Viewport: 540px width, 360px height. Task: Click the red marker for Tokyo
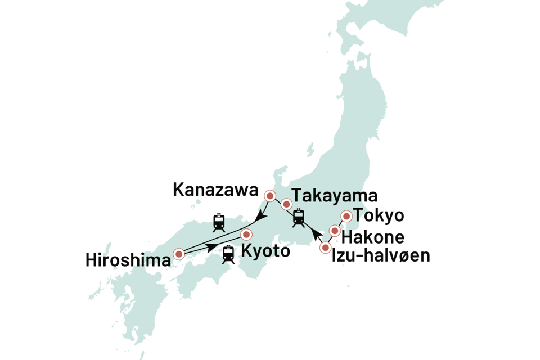pyautogui.click(x=346, y=217)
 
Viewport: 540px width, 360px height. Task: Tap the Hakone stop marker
pyautogui.click(x=335, y=231)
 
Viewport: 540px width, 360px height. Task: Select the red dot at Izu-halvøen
pyautogui.click(x=325, y=247)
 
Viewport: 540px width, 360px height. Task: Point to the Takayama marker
pyautogui.click(x=286, y=204)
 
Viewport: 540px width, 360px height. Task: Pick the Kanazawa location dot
pyautogui.click(x=270, y=196)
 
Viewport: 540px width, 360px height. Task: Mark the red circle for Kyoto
pyautogui.click(x=246, y=235)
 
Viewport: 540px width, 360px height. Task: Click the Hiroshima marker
pyautogui.click(x=179, y=254)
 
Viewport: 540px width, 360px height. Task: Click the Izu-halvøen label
pyautogui.click(x=382, y=255)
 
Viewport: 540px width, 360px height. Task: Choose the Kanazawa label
pyautogui.click(x=215, y=190)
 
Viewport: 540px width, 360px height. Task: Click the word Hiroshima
pyautogui.click(x=128, y=260)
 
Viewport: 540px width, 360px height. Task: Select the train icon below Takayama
pyautogui.click(x=299, y=217)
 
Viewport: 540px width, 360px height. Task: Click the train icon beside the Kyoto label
pyautogui.click(x=227, y=254)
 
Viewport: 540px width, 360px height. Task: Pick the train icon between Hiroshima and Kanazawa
pyautogui.click(x=219, y=222)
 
